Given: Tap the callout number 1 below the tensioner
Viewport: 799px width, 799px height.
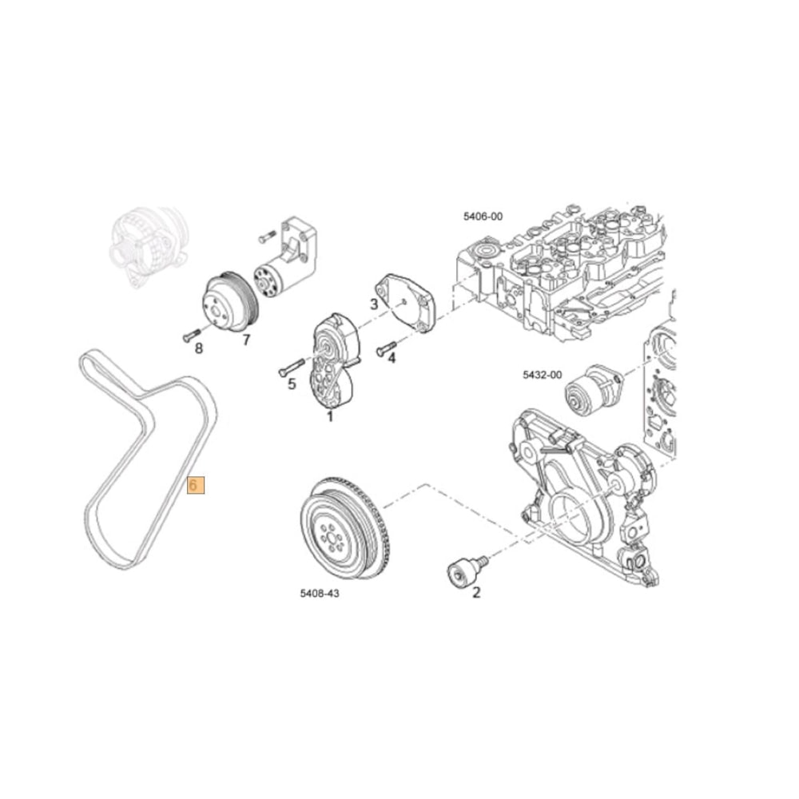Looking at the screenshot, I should point(329,415).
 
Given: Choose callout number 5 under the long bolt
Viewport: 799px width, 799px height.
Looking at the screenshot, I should point(292,384).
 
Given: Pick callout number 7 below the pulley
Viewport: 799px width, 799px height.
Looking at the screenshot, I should point(246,340).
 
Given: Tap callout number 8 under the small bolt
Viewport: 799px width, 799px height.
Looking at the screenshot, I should point(198,348).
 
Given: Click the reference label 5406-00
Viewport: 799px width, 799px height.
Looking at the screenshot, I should point(483,216).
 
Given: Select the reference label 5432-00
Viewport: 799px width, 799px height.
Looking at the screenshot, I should point(543,375).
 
